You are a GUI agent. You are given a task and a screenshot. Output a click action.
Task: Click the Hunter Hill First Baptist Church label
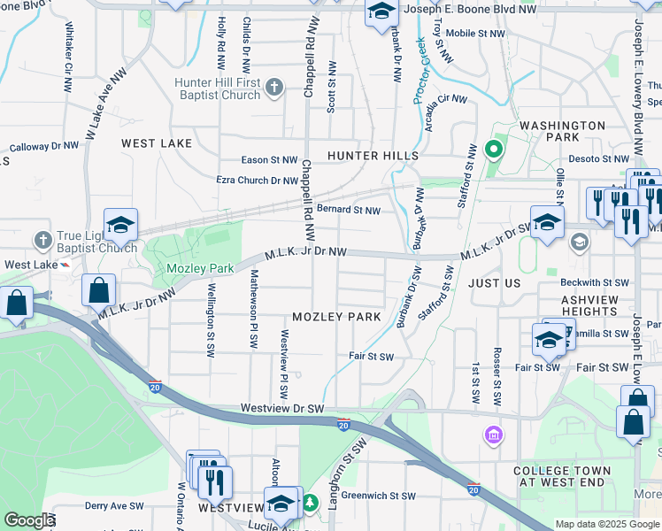[x=216, y=88]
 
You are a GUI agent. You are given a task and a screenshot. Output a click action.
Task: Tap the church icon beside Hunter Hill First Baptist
[x=274, y=87]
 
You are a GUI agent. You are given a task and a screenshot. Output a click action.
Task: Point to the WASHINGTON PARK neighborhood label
[x=562, y=131]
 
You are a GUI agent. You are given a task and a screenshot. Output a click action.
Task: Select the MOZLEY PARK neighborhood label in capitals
[x=336, y=317]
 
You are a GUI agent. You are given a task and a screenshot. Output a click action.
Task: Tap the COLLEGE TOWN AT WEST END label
[x=563, y=476]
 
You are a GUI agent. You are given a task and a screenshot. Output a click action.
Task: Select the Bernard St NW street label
[x=349, y=211]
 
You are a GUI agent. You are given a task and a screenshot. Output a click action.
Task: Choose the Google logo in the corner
[x=28, y=520]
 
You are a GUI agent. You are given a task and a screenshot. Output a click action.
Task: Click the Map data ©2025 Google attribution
[x=606, y=524]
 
